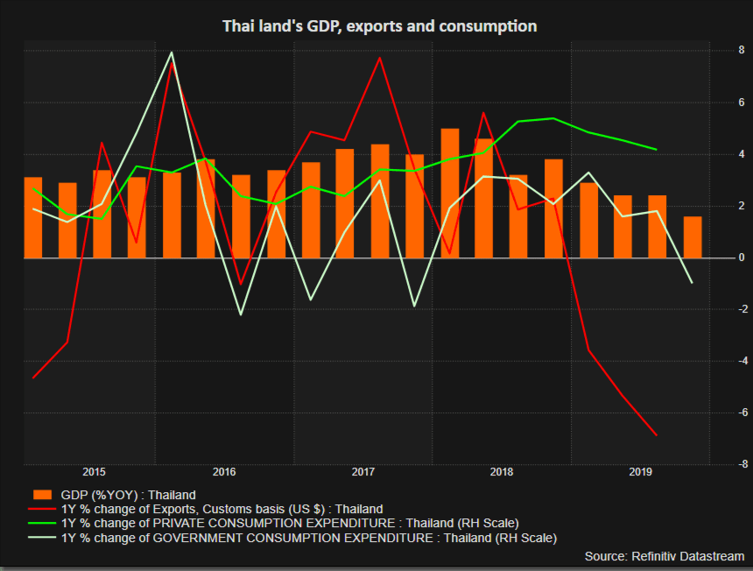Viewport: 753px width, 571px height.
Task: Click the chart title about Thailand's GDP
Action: point(378,26)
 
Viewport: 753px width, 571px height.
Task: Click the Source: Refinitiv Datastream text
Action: point(664,556)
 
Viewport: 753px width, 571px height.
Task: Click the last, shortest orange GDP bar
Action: point(693,237)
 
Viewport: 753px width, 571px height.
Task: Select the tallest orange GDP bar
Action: point(450,194)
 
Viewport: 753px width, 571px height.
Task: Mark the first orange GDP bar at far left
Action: point(33,218)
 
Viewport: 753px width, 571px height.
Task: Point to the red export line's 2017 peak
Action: point(380,59)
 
